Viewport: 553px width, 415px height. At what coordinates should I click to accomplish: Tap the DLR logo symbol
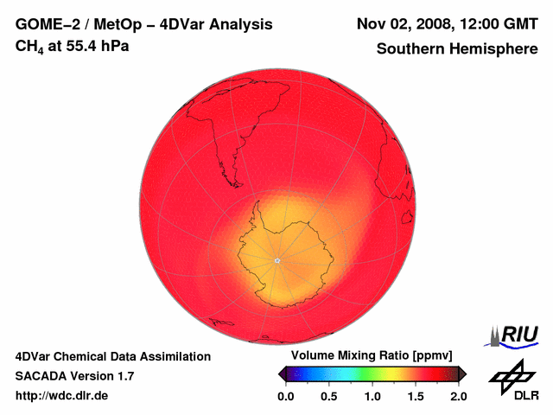coord(510,375)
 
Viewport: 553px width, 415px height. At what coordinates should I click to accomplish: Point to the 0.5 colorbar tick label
coord(329,396)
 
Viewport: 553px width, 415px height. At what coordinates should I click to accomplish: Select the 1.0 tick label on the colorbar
coord(372,396)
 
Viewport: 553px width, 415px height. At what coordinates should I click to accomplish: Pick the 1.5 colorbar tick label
coord(416,396)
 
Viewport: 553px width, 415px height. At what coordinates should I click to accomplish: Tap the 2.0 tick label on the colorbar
coord(458,396)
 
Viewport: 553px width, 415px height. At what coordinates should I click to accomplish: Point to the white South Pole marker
coord(276,260)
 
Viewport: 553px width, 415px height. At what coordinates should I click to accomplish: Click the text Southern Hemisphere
coord(456,49)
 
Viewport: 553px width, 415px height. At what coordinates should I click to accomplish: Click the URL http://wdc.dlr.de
coord(62,396)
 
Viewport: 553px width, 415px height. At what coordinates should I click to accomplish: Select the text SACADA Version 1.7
coord(74,376)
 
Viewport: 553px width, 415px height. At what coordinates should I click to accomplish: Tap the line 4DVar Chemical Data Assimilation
coord(113,356)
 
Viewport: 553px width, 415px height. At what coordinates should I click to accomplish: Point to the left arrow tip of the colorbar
coord(280,373)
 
